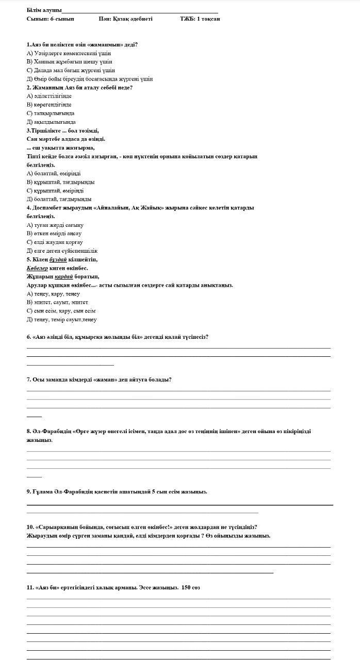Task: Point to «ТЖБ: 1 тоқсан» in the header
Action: (x=200, y=19)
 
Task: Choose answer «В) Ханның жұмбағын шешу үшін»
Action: (x=69, y=62)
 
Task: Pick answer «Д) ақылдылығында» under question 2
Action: (x=51, y=122)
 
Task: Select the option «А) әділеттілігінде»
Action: (x=49, y=96)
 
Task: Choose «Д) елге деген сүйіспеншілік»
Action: (x=62, y=251)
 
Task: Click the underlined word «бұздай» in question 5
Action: (x=58, y=259)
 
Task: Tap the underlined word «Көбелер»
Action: (x=37, y=268)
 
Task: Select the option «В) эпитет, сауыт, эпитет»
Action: (x=57, y=302)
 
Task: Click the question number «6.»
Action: (x=29, y=337)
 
